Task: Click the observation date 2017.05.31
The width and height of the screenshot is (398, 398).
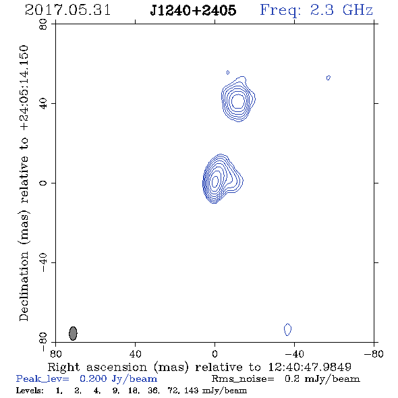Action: (x=67, y=10)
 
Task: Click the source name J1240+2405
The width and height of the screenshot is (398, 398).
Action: (x=193, y=10)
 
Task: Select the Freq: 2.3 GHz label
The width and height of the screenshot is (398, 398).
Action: (x=316, y=11)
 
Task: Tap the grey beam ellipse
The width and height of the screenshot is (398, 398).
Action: (x=73, y=333)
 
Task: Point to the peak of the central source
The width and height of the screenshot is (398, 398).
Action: (x=215, y=181)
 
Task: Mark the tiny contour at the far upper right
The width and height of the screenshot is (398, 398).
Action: (x=329, y=78)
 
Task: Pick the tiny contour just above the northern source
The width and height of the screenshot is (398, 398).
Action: (x=228, y=73)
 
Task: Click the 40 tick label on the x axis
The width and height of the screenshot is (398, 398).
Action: (x=135, y=353)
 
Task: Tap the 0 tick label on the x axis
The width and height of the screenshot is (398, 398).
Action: (x=215, y=353)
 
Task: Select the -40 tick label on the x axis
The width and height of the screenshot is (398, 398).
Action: (x=294, y=353)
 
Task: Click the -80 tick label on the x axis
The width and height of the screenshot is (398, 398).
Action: (x=374, y=353)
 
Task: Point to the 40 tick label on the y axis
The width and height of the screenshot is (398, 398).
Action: (x=43, y=104)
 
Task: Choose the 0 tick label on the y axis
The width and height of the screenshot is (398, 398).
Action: (x=43, y=183)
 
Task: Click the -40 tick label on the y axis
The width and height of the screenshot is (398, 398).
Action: (x=43, y=262)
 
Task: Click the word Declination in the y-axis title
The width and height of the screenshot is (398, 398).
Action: (x=24, y=286)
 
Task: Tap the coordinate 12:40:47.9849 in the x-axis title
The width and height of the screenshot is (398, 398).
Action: (x=310, y=367)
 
